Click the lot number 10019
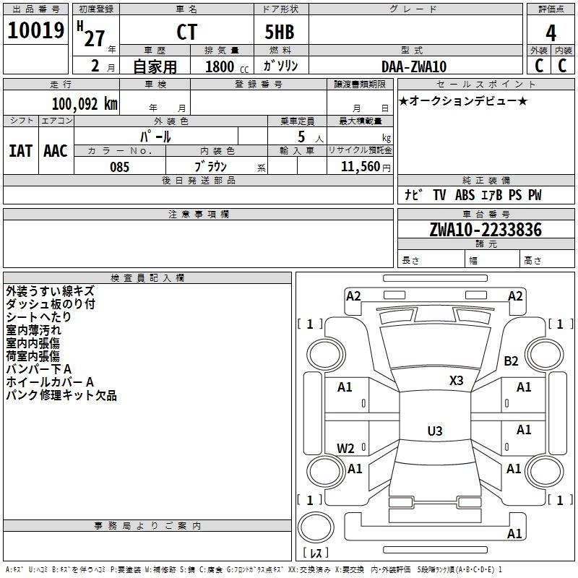(x=36, y=31)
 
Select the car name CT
(x=186, y=33)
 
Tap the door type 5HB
(x=280, y=33)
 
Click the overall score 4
(x=551, y=33)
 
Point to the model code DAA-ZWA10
(x=414, y=66)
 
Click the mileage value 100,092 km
(x=84, y=103)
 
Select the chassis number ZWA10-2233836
(x=485, y=230)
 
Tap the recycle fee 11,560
(x=361, y=167)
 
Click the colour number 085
(x=120, y=167)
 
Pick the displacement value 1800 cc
(x=225, y=67)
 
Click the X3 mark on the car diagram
(x=457, y=380)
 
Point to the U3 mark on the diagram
(x=434, y=431)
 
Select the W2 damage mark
(x=346, y=448)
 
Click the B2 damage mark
(x=512, y=361)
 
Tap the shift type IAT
(x=20, y=151)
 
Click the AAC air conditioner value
(x=56, y=151)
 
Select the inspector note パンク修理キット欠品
(x=61, y=395)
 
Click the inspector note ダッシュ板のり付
(x=51, y=304)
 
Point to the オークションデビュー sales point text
(x=463, y=101)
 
